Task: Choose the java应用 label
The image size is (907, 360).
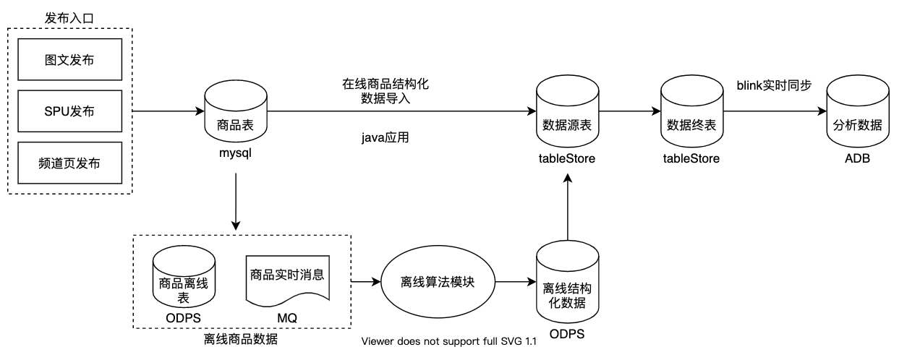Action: point(386,137)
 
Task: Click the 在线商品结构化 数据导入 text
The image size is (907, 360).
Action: point(386,92)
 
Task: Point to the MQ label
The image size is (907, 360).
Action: point(287,318)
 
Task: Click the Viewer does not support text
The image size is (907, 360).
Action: point(449,342)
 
